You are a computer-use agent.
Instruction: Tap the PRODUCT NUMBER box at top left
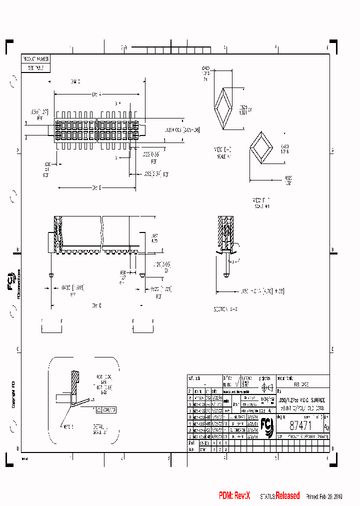click(36, 59)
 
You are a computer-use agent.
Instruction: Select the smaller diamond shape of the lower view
click(260, 148)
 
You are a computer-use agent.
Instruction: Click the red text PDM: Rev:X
click(234, 495)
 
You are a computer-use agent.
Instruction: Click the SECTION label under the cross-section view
click(226, 309)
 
